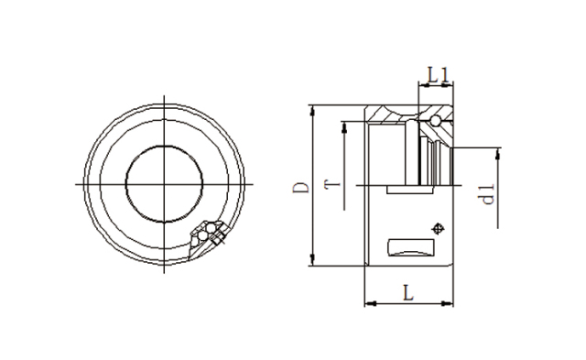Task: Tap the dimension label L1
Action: pyautogui.click(x=437, y=72)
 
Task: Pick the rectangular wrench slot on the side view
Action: pyautogui.click(x=412, y=247)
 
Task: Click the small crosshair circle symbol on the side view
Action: pyautogui.click(x=439, y=229)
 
